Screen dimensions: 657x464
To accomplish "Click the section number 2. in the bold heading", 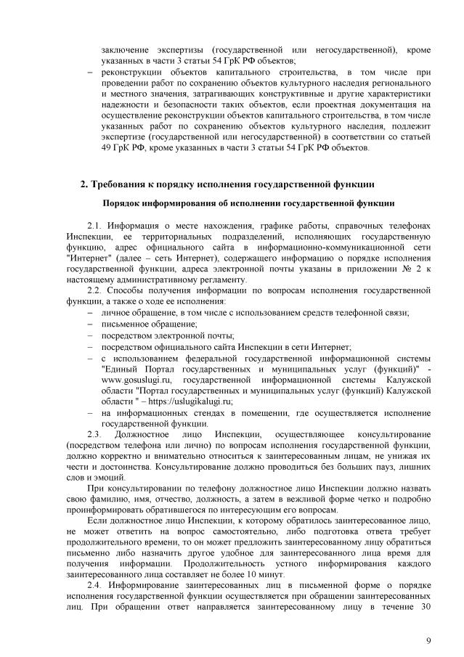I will (84, 182).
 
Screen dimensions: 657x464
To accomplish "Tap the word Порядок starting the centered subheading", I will (123, 203).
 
